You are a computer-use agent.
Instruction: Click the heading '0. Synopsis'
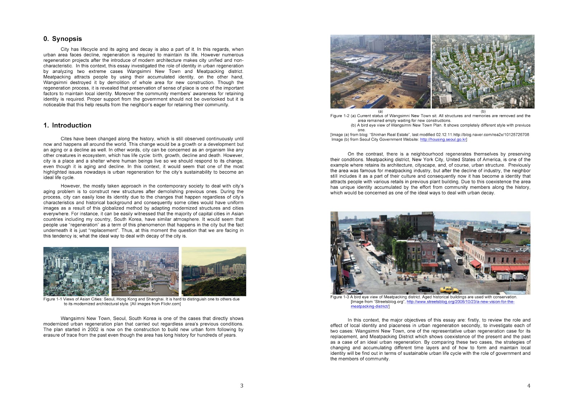(62, 39)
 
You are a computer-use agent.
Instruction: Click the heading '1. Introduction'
(67, 125)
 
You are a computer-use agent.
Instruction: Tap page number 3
(241, 386)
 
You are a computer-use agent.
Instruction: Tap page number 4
(528, 386)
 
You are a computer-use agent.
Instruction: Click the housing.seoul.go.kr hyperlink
(443, 140)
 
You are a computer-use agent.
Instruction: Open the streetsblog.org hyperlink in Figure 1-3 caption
(460, 302)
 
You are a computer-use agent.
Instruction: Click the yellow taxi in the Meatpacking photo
(449, 289)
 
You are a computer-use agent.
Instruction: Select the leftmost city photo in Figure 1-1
(76, 271)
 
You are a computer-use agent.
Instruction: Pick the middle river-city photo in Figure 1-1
(145, 271)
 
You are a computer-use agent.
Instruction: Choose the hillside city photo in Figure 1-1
(214, 271)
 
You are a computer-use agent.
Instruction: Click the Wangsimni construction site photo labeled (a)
(380, 71)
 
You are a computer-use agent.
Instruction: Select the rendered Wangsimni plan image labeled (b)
(483, 71)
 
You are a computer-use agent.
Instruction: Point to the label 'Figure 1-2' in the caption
(339, 116)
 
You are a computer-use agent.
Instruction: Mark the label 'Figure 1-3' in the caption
(339, 297)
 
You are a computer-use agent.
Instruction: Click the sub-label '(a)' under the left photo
(381, 111)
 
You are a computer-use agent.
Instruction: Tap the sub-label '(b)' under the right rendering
(483, 111)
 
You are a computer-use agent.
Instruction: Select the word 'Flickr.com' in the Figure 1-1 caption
(171, 304)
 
